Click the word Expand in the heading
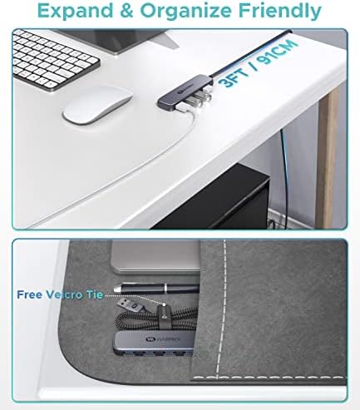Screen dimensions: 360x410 [76, 12]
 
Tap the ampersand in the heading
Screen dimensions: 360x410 [126, 11]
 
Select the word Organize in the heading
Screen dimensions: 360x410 [185, 12]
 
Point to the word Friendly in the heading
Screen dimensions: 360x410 [279, 12]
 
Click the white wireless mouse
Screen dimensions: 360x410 [97, 106]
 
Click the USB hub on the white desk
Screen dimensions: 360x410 [185, 93]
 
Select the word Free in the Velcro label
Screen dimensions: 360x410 [30, 294]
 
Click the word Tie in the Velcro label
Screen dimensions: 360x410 [95, 294]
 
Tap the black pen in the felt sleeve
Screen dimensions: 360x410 [156, 289]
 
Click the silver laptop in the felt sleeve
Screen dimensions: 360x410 [155, 257]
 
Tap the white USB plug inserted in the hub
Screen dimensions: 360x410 [183, 108]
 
